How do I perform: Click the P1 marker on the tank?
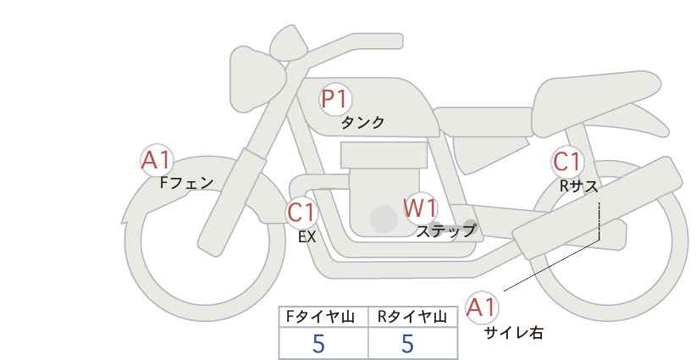tap(335, 99)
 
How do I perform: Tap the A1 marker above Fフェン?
tap(156, 161)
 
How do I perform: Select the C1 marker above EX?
tap(301, 213)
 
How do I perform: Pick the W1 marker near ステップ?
tap(421, 208)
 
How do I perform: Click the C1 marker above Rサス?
tap(567, 162)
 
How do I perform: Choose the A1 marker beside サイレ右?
tap(482, 307)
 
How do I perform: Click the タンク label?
tap(362, 123)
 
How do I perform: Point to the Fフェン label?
tap(186, 183)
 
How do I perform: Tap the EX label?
tap(307, 237)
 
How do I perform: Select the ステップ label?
tap(445, 231)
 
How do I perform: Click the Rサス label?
tap(578, 186)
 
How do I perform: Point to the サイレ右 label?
tap(514, 333)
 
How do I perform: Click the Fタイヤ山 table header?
tap(320, 317)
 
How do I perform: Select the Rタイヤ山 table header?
tap(412, 317)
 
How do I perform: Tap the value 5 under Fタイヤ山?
tap(318, 344)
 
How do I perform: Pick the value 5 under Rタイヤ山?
tap(407, 344)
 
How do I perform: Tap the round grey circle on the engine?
tap(384, 219)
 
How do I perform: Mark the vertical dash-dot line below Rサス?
tap(599, 221)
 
